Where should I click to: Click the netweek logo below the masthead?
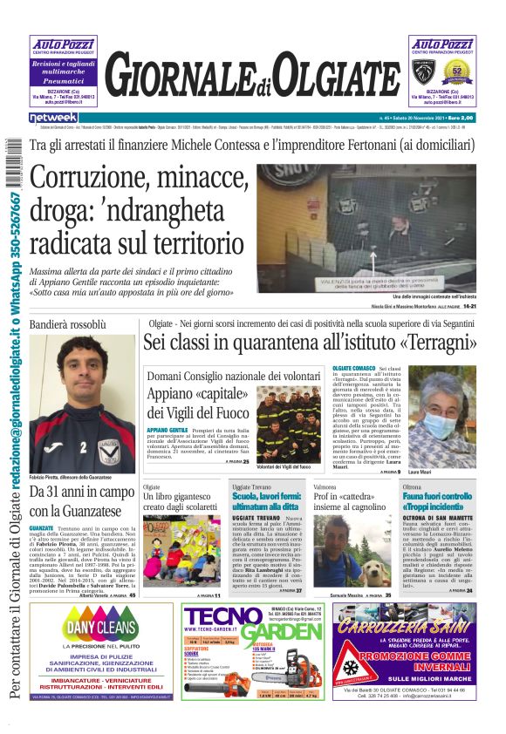point(53,117)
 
